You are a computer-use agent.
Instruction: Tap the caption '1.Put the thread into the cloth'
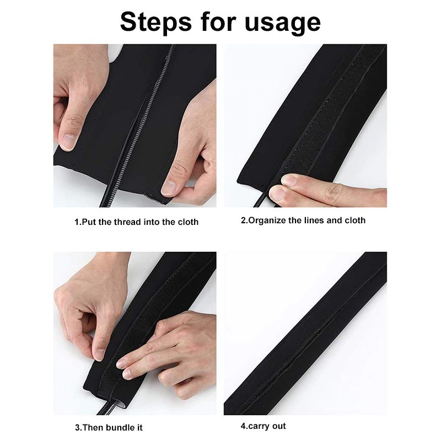[136, 222]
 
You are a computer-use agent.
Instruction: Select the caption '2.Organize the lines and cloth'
[303, 220]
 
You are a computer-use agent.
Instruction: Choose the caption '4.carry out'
[263, 426]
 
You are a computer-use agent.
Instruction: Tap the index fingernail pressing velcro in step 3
[125, 373]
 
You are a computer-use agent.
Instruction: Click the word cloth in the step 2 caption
[354, 220]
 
